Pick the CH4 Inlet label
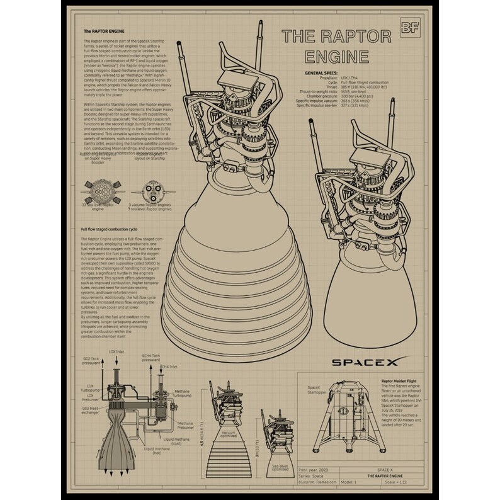pyautogui.click(x=169, y=365)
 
